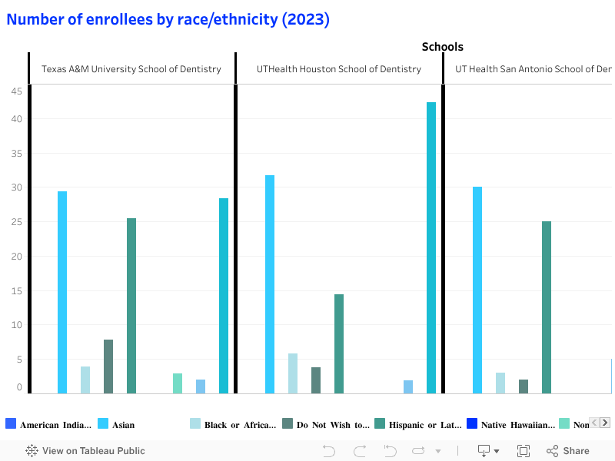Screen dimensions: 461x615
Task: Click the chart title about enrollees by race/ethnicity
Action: [x=168, y=20]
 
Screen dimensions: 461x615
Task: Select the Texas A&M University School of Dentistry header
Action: [x=131, y=69]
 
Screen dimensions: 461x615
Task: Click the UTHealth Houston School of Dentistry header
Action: [x=339, y=69]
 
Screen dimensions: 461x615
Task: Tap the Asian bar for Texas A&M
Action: [x=62, y=292]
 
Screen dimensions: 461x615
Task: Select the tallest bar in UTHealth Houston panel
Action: [x=431, y=246]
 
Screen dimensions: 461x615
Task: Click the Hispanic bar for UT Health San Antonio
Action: [x=547, y=307]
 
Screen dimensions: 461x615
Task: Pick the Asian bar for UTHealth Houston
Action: [x=270, y=284]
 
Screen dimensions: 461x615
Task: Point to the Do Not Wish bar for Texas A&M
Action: [x=108, y=366]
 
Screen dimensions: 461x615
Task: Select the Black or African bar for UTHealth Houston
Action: [x=293, y=373]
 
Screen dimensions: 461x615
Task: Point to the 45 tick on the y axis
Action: [x=16, y=91]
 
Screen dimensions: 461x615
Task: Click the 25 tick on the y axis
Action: [x=16, y=222]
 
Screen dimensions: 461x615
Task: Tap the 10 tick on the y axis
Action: [x=16, y=325]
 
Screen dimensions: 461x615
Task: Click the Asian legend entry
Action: [x=123, y=425]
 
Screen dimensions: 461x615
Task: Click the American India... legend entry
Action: [x=54, y=425]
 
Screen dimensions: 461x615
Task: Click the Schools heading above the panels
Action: [x=442, y=47]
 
